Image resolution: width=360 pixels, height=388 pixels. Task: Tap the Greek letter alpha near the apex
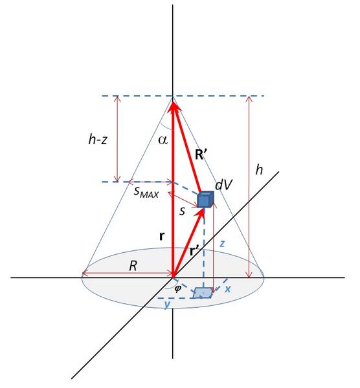coord(163,140)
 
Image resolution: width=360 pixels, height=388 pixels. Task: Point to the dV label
coord(223,185)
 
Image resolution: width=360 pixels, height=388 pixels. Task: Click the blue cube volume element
coord(205,199)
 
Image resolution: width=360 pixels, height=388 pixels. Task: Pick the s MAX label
coord(146,192)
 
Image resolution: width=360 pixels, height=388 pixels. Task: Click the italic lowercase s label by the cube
coord(182,211)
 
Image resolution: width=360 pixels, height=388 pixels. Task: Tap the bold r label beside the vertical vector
coord(161,237)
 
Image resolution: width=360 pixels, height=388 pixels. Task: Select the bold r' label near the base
coord(195,251)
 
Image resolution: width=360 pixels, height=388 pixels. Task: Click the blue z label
coord(222,244)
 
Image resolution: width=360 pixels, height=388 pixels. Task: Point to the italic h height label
coord(259,170)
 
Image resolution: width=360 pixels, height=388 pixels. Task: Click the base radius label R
coord(133,266)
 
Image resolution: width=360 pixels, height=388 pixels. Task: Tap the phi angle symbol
coord(177,288)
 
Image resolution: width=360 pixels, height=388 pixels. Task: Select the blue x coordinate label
coord(228,289)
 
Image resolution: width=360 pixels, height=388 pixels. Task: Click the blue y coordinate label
coord(167,304)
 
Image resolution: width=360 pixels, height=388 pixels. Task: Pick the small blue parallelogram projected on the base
coord(203,293)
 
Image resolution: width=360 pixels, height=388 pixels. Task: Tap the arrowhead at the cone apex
coord(173,105)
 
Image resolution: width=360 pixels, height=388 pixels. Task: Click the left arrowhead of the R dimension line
coord(85,274)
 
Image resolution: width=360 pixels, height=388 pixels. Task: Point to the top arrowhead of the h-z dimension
coord(117,98)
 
